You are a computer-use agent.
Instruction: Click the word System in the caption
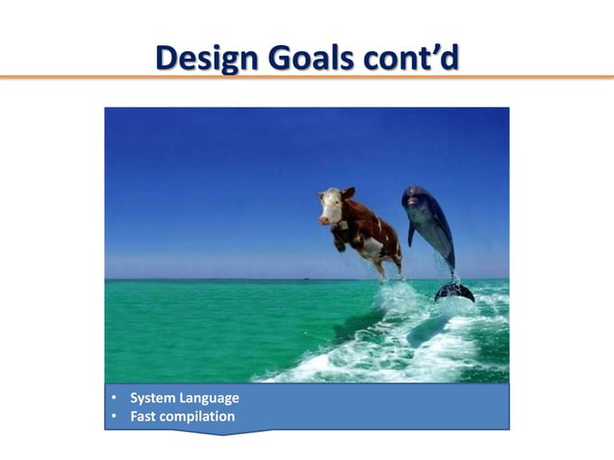[x=152, y=398]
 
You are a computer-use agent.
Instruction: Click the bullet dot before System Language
[x=114, y=398]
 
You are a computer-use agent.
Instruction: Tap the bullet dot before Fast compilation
[x=114, y=417]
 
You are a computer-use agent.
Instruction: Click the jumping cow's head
[x=333, y=205]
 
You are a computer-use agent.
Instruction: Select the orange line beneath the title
[x=307, y=77]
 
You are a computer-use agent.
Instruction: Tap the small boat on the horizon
[x=305, y=278]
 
